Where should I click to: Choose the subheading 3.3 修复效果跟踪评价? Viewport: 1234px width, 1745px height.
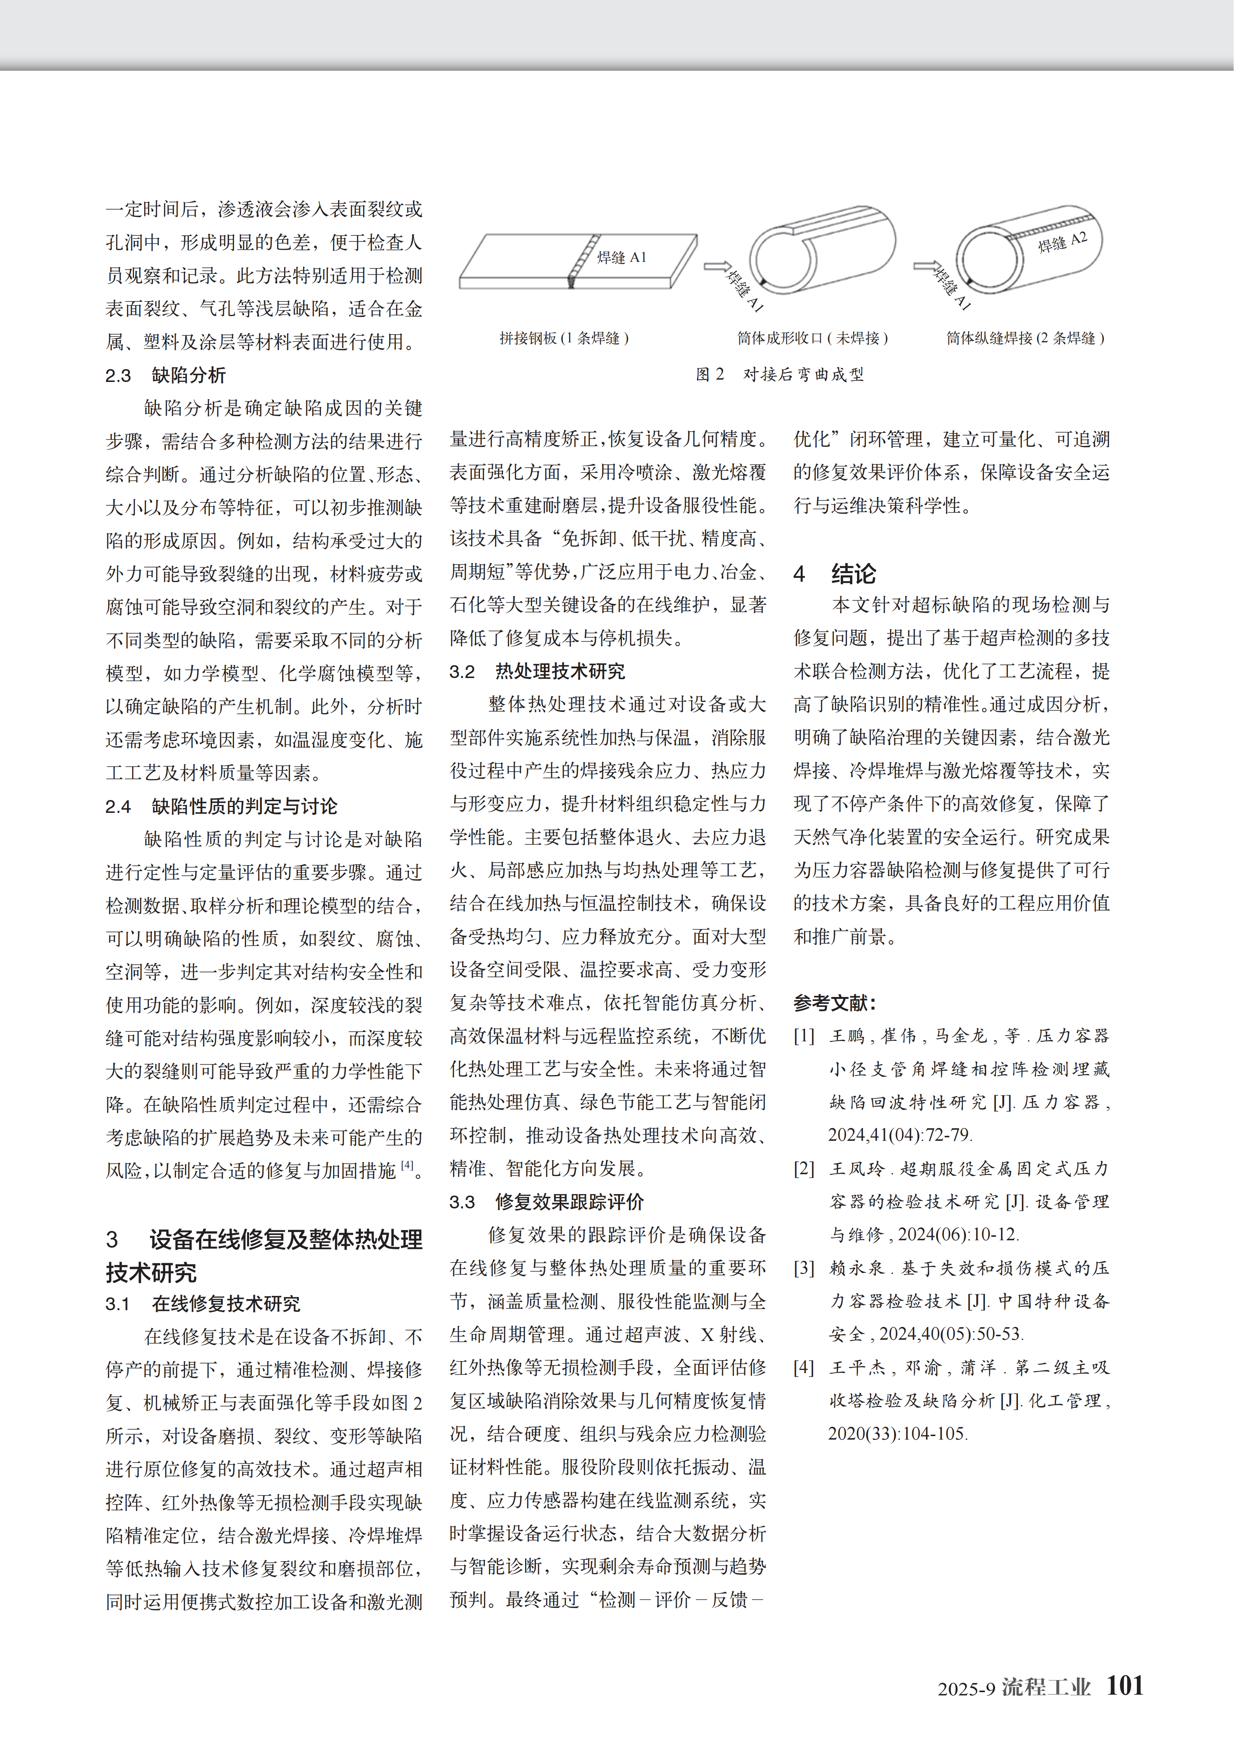(546, 1201)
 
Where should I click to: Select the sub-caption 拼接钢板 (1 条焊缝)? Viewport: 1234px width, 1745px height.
(564, 338)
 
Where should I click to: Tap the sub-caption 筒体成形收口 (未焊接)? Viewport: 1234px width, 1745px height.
(812, 338)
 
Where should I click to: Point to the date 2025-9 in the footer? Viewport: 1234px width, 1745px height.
(965, 1689)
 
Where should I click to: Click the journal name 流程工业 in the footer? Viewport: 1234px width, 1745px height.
(1045, 1687)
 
